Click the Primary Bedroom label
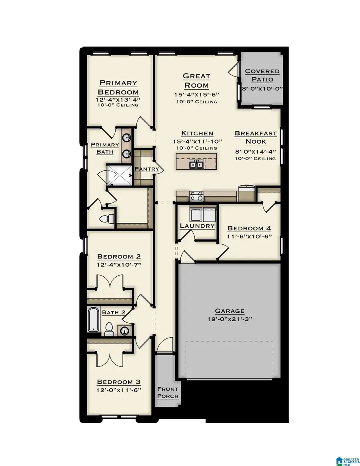(x=118, y=87)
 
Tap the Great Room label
(x=196, y=80)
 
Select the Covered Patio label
(x=262, y=75)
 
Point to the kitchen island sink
(x=196, y=164)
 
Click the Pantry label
(x=147, y=169)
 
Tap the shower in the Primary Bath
(x=119, y=174)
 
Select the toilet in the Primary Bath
(x=108, y=219)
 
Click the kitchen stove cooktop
(x=196, y=196)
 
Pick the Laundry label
(x=197, y=226)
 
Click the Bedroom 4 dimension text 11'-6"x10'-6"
(x=249, y=236)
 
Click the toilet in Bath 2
(x=108, y=329)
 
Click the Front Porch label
(x=168, y=392)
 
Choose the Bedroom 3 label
(x=118, y=382)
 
